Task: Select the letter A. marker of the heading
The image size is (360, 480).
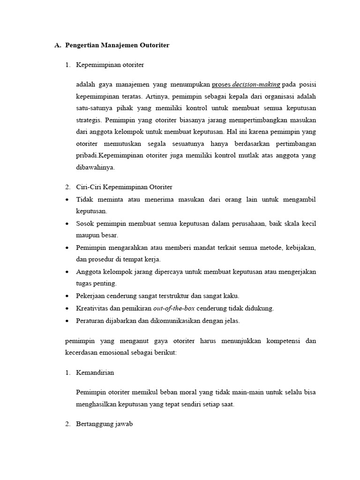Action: pyautogui.click(x=58, y=45)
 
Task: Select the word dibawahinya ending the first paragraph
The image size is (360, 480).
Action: pyautogui.click(x=95, y=167)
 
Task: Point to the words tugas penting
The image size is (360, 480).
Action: pyautogui.click(x=96, y=284)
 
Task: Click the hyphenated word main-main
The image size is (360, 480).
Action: pyautogui.click(x=240, y=392)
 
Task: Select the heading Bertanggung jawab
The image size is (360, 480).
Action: pyautogui.click(x=105, y=424)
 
